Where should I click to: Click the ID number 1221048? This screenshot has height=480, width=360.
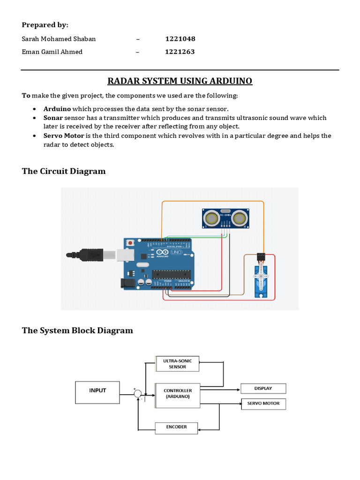click(x=180, y=39)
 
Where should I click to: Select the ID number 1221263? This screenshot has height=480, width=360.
click(x=180, y=52)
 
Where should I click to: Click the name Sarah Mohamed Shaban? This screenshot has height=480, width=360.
click(x=59, y=39)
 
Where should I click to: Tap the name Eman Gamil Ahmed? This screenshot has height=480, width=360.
click(x=52, y=52)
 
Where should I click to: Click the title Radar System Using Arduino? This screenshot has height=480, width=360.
click(x=180, y=81)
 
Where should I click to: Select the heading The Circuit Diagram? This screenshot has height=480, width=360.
click(x=64, y=171)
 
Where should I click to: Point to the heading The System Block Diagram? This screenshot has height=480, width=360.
click(x=77, y=330)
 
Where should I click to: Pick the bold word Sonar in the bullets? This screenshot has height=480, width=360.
click(x=53, y=118)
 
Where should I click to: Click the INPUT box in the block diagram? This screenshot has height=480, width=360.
click(x=97, y=392)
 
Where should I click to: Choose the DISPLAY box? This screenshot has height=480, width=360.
click(x=263, y=388)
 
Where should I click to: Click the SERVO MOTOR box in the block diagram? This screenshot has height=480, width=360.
click(x=263, y=403)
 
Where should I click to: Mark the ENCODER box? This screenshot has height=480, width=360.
click(x=176, y=427)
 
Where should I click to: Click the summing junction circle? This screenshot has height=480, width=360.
click(x=138, y=394)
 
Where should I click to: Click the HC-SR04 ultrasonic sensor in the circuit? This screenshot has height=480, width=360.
click(x=225, y=217)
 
